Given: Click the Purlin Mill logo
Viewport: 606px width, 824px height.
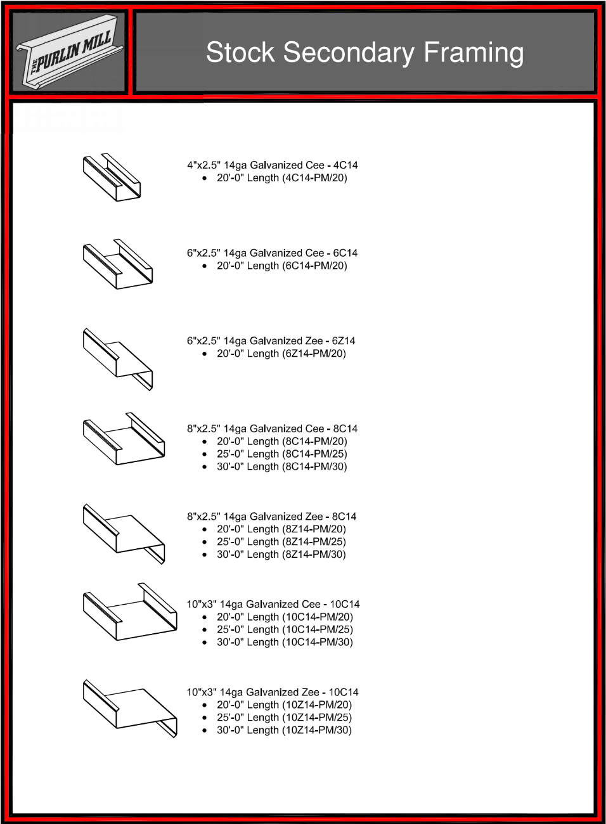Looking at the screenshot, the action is point(69,51).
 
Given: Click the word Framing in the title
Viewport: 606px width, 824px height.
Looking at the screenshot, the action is point(474,53).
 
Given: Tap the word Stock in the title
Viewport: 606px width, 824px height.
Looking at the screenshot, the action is point(240,52).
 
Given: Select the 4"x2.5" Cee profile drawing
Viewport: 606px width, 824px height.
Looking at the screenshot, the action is point(112,177).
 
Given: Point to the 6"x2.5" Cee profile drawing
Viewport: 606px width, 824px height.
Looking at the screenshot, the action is point(118,264).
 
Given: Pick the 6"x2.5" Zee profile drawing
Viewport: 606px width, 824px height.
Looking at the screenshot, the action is point(118,359).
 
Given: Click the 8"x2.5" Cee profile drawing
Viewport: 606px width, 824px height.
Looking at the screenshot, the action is point(124,439).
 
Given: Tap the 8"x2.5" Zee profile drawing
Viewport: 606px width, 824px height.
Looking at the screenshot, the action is point(124,534).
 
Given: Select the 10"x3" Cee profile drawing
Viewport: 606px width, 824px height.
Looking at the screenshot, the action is point(130,612).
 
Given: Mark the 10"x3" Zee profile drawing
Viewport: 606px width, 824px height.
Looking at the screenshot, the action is point(130,709).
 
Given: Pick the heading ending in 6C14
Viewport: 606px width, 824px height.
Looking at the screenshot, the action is point(273,253).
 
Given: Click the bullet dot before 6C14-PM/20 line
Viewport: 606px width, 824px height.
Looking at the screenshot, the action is point(205,266).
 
